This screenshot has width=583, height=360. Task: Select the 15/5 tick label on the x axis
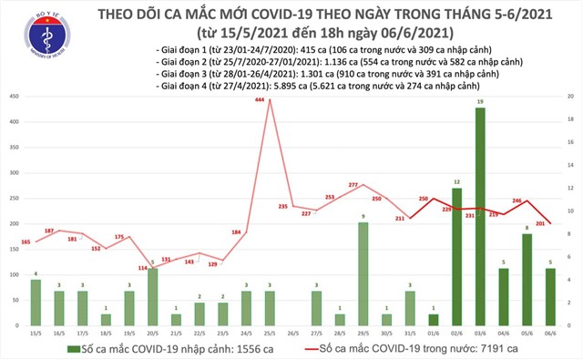click(36, 334)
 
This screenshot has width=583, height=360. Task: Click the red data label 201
click(539, 223)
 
